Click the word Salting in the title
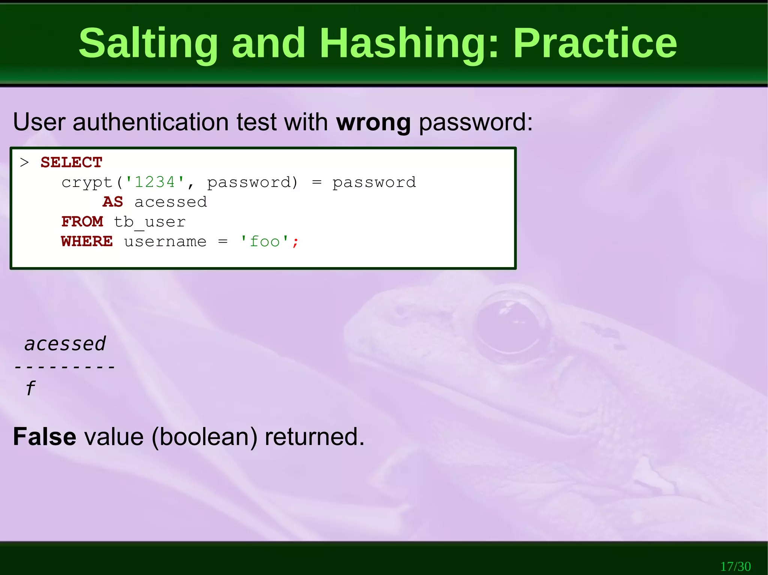pyautogui.click(x=148, y=43)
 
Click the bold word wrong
pyautogui.click(x=373, y=122)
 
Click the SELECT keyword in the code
pyautogui.click(x=71, y=163)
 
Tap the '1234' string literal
pyautogui.click(x=154, y=182)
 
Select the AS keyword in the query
pyautogui.click(x=113, y=202)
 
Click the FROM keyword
pyautogui.click(x=82, y=222)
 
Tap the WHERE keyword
pyautogui.click(x=87, y=242)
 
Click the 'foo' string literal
pyautogui.click(x=264, y=241)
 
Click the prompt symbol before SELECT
pyautogui.click(x=24, y=163)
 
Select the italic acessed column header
pyautogui.click(x=65, y=344)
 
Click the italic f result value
pyautogui.click(x=31, y=388)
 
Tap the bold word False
pyautogui.click(x=45, y=437)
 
